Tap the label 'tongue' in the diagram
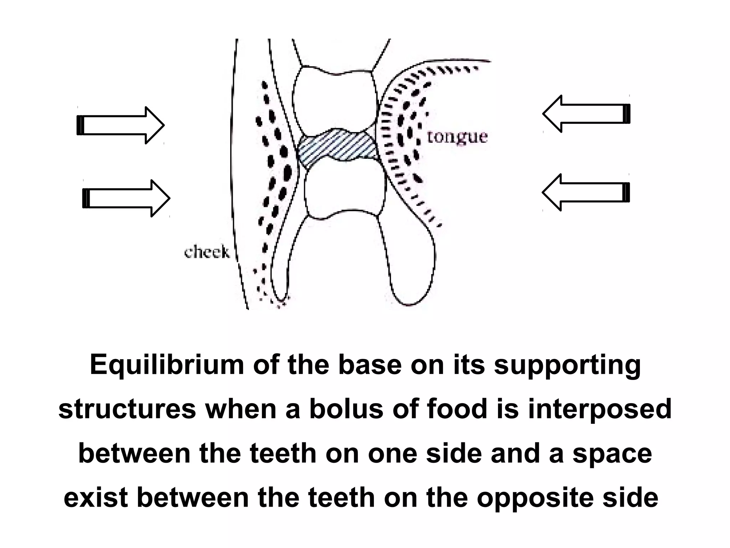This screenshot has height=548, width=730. (x=457, y=137)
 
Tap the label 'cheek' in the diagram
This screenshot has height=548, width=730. (x=207, y=253)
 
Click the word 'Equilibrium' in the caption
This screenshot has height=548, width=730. (x=167, y=365)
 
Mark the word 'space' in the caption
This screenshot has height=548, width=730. (x=612, y=454)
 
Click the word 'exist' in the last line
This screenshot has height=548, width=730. (x=96, y=498)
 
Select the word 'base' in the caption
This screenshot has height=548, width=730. (x=369, y=365)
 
